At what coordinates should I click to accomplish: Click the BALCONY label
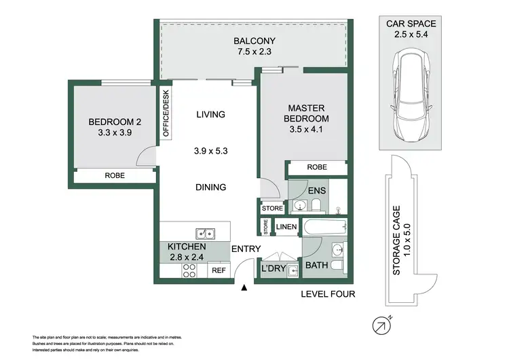(x=250, y=39)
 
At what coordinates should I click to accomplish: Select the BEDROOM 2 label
(x=115, y=122)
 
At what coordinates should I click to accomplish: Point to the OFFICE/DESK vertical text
(x=165, y=114)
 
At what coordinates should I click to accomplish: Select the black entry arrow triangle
(x=244, y=289)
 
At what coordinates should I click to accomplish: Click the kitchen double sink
(x=204, y=234)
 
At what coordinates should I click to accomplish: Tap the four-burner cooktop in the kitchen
(x=189, y=270)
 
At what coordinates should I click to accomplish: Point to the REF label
(x=218, y=270)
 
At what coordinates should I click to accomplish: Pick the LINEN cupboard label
(x=285, y=226)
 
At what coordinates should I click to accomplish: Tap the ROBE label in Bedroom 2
(x=114, y=175)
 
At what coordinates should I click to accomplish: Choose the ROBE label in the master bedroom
(x=317, y=166)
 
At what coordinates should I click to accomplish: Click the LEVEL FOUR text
(x=328, y=294)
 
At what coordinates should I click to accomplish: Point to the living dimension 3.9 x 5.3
(x=210, y=150)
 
